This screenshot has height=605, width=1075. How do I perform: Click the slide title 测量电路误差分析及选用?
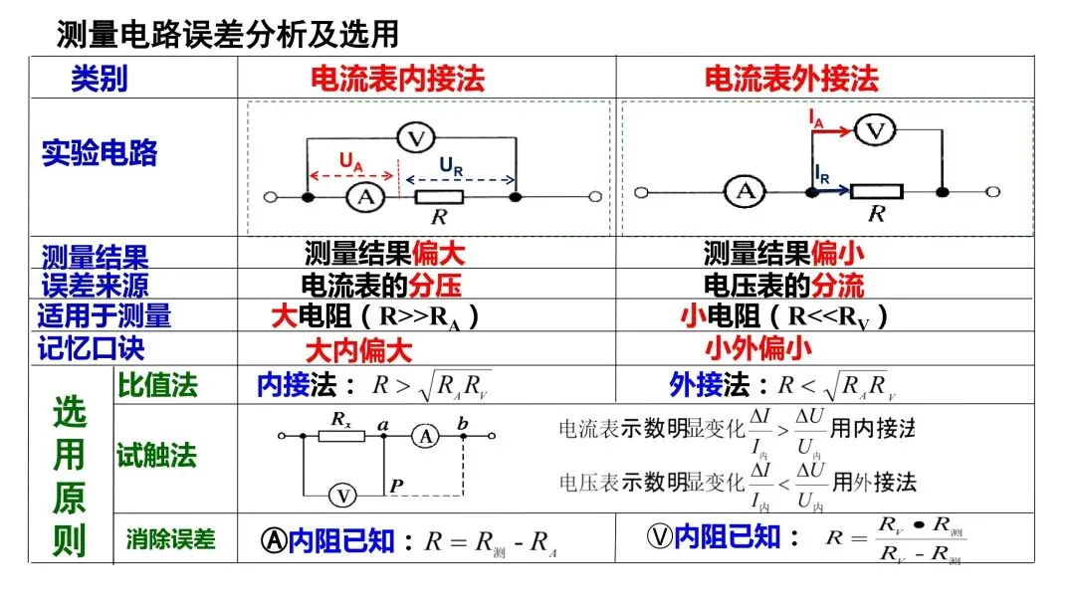[x=228, y=34]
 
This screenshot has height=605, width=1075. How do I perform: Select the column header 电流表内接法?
[x=397, y=79]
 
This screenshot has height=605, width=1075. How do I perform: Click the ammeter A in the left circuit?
[x=365, y=198]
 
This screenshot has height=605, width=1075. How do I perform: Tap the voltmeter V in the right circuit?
[x=875, y=129]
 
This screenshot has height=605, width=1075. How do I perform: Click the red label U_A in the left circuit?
[x=350, y=160]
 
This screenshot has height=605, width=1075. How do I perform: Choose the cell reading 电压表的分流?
[x=783, y=286]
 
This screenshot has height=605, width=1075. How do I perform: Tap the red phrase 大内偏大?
[x=357, y=350]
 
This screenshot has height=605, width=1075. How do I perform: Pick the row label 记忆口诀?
[x=91, y=348]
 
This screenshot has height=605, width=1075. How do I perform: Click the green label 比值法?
[x=157, y=385]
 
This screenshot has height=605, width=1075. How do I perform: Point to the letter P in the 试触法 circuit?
[x=397, y=485]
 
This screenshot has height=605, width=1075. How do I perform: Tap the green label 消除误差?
[x=170, y=539]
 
